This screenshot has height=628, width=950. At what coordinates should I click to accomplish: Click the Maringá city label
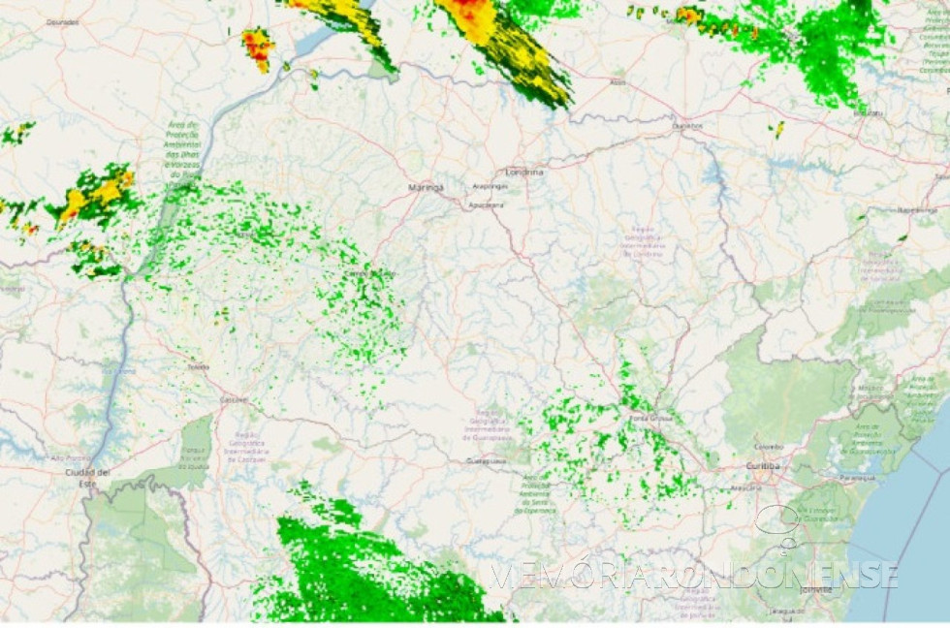click(x=427, y=186)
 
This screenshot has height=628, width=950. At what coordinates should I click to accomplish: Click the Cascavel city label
click(x=234, y=399)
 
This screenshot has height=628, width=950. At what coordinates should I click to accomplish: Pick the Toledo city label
click(x=198, y=367)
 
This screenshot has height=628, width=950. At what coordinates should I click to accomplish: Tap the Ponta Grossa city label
click(x=653, y=418)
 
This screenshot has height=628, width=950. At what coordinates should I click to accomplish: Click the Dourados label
click(x=63, y=20)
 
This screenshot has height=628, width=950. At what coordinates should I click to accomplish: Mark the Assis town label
click(x=617, y=82)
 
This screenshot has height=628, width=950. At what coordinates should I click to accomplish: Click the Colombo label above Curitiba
click(x=772, y=447)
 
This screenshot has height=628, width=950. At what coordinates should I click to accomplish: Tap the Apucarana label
click(x=487, y=204)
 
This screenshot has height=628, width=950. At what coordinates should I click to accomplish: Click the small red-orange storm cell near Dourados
click(x=258, y=47)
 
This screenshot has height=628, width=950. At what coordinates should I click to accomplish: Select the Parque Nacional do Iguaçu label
click(x=197, y=456)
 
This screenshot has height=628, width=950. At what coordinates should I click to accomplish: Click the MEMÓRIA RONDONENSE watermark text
click(x=693, y=575)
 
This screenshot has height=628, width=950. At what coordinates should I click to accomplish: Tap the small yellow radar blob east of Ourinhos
click(x=778, y=128)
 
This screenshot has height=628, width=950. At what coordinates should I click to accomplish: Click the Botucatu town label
click(x=868, y=113)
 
